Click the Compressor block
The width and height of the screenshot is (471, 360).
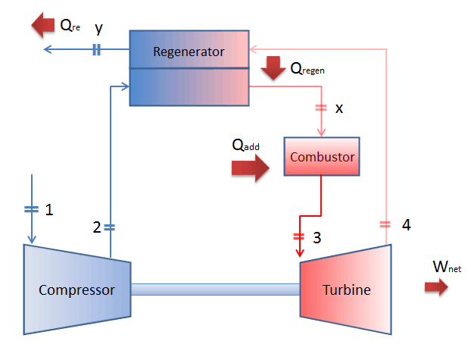pyautogui.click(x=76, y=290)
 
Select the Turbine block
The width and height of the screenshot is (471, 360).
pyautogui.click(x=346, y=290)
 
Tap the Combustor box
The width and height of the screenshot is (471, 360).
pyautogui.click(x=322, y=157)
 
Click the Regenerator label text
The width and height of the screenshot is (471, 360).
pyautogui.click(x=189, y=52)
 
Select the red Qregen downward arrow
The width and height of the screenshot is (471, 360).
pyautogui.click(x=271, y=71)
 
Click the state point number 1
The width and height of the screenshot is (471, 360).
pyautogui.click(x=49, y=208)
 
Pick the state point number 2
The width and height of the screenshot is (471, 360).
pyautogui.click(x=96, y=227)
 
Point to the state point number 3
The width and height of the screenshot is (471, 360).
pyautogui.click(x=317, y=237)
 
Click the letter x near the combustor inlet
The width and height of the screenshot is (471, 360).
pyautogui.click(x=338, y=108)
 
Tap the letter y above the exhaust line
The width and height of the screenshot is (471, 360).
pyautogui.click(x=98, y=29)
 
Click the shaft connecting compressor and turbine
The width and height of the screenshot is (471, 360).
pyautogui.click(x=215, y=290)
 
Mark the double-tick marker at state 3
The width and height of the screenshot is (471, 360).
pyautogui.click(x=298, y=235)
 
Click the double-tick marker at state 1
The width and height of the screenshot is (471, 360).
pyautogui.click(x=31, y=208)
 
